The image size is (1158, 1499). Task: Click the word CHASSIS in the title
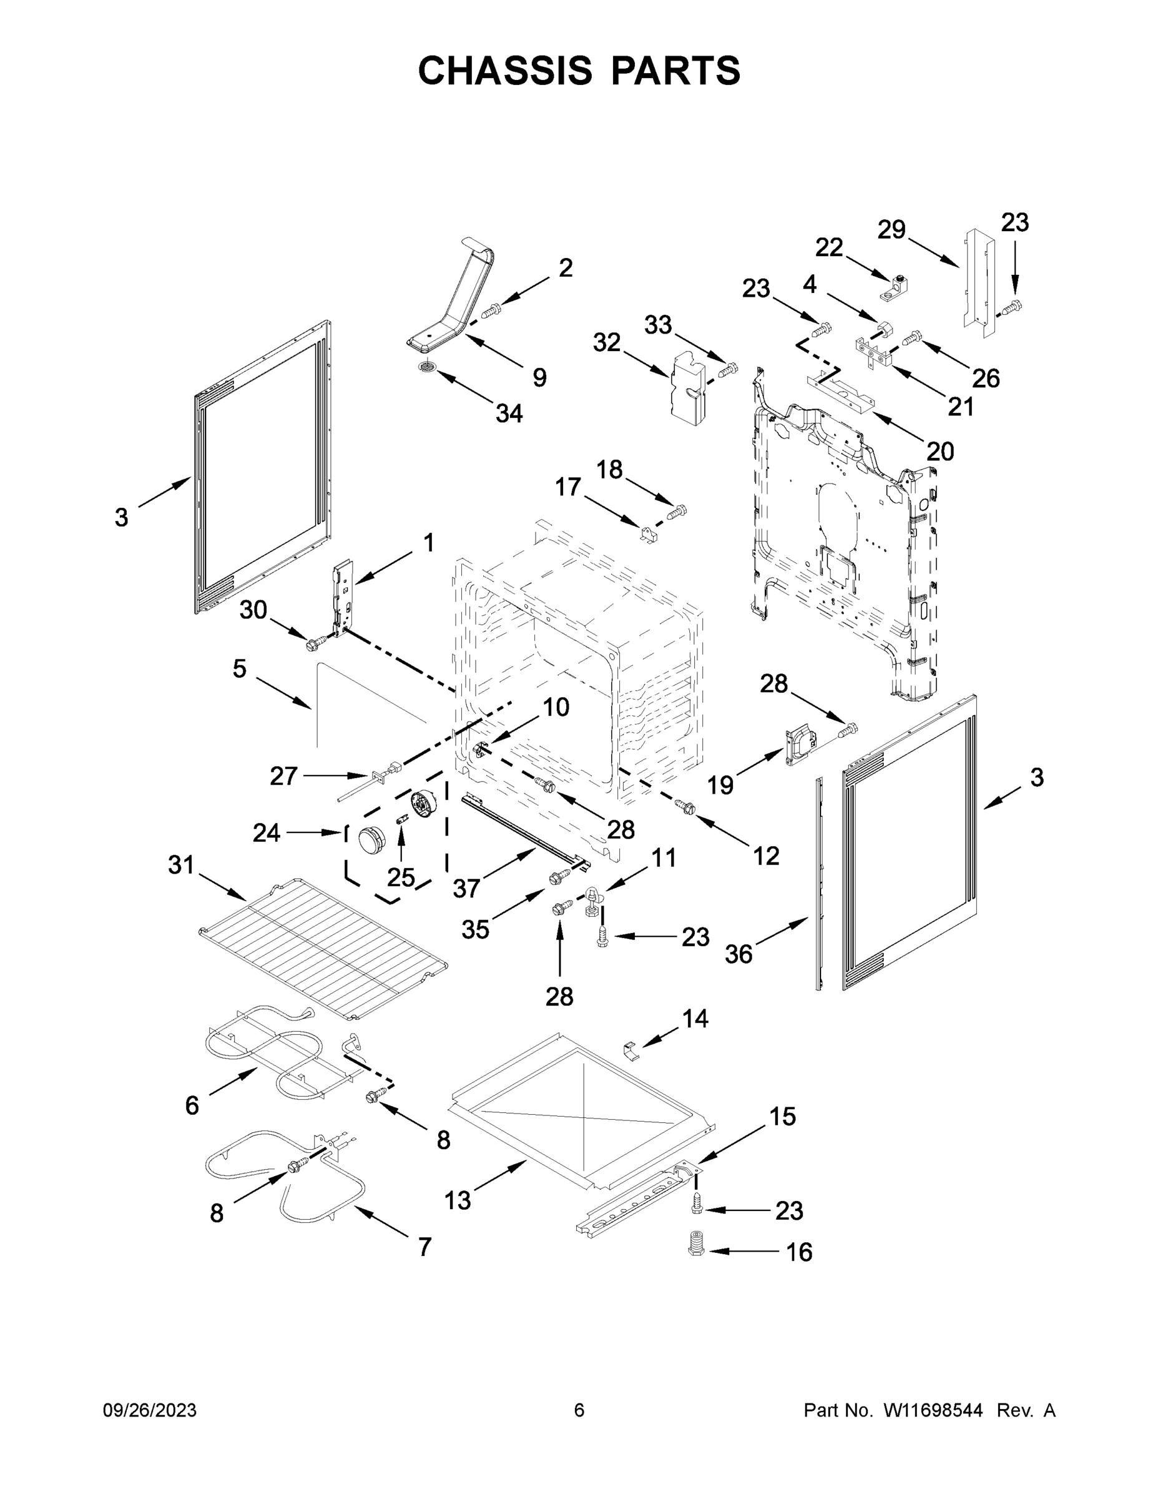point(505,71)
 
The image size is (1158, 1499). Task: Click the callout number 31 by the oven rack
point(181,866)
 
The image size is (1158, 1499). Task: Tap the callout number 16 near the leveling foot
point(798,1252)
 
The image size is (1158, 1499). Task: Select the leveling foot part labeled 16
point(696,1243)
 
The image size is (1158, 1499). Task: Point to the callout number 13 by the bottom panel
point(458,1200)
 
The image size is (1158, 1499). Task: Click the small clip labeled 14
point(631,1050)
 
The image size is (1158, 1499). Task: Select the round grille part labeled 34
point(428,369)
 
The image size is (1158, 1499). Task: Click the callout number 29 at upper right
point(892,230)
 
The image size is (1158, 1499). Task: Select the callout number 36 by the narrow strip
point(739,953)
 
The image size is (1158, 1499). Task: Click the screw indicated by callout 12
point(685,808)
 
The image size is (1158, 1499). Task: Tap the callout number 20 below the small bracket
point(940,451)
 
